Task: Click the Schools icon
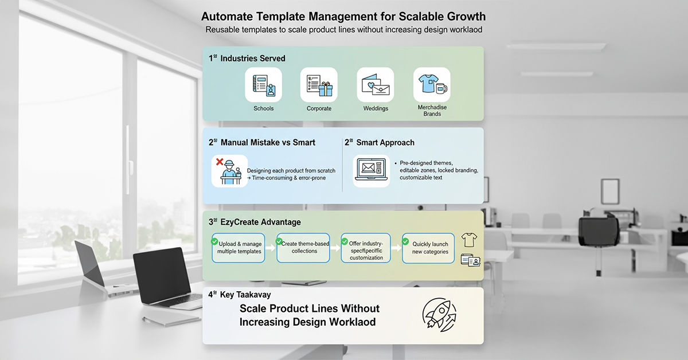tap(263, 85)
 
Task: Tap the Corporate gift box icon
tap(319, 85)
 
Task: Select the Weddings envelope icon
tap(375, 85)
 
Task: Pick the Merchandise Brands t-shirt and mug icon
tap(432, 85)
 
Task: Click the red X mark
tap(220, 162)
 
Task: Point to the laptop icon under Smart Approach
tap(371, 170)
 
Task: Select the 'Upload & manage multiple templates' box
tap(239, 248)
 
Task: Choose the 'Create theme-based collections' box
tap(303, 248)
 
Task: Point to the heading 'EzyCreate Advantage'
tap(260, 222)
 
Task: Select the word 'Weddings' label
tap(376, 108)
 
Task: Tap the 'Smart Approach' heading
tap(385, 142)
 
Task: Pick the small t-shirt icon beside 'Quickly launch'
tap(469, 239)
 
